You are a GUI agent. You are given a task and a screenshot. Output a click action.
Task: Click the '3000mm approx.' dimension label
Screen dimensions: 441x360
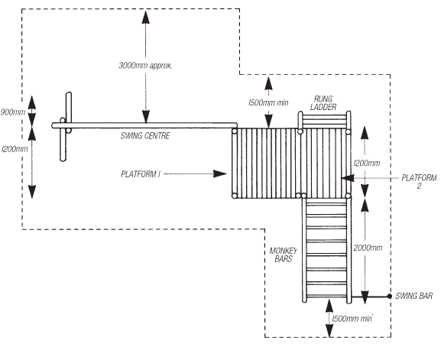[145, 66]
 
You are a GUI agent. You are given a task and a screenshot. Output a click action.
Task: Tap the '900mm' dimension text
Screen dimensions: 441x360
[13, 112]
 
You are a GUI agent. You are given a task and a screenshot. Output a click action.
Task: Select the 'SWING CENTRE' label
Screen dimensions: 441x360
[145, 136]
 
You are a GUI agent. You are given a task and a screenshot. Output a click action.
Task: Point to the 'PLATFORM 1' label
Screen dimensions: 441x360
[141, 174]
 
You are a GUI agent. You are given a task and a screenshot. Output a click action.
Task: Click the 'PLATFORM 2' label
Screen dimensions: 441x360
[419, 182]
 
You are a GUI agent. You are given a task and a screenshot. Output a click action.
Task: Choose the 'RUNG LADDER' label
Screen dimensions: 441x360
[323, 103]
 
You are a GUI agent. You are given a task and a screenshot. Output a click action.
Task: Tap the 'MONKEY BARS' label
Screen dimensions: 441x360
[283, 255]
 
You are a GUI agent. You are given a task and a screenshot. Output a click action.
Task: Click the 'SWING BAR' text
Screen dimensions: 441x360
[413, 296]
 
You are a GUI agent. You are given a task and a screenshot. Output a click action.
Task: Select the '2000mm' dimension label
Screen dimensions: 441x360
[368, 248]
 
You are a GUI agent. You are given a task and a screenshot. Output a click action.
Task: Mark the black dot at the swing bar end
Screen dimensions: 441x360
[390, 296]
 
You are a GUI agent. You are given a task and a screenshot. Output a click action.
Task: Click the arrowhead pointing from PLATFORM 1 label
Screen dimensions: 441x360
[220, 174]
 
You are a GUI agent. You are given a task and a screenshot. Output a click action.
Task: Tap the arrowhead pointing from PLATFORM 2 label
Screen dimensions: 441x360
[348, 178]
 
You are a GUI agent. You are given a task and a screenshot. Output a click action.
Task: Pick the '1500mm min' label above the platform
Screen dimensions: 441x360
[268, 103]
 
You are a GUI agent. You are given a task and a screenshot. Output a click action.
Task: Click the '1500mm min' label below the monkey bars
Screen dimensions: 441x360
[352, 319]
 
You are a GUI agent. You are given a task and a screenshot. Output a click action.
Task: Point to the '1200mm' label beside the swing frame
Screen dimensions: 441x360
[15, 149]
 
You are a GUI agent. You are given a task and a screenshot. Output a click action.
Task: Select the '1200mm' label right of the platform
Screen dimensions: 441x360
[367, 164]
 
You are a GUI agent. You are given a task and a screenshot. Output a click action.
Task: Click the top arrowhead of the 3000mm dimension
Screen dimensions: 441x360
[145, 17]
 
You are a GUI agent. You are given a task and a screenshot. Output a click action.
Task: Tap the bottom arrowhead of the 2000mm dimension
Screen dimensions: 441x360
[365, 297]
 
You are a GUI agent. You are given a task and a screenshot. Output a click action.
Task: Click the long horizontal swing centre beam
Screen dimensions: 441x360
[144, 125]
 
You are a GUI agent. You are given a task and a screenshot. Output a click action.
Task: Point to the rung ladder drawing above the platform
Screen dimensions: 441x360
[324, 120]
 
